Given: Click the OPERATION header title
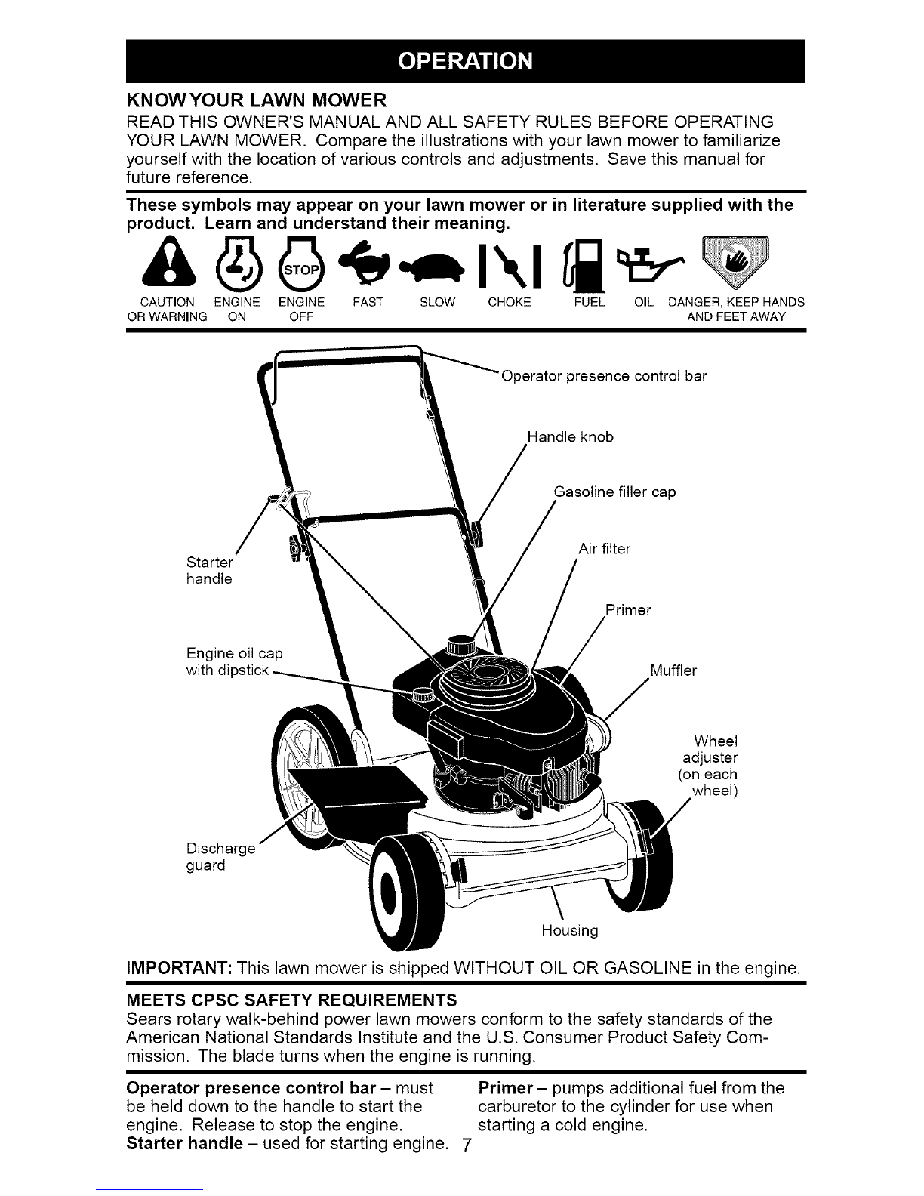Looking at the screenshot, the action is pos(465,61).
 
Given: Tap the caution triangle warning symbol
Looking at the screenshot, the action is pos(168,261).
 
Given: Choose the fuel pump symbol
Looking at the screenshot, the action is pos(584,264).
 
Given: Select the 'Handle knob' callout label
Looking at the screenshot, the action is pos(570,437).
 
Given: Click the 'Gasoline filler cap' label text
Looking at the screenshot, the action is pos(614,492).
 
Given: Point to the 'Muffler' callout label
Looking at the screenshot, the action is pos(673,670).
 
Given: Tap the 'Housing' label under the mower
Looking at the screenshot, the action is pos(570,930).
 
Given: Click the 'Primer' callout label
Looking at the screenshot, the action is pos(628,610).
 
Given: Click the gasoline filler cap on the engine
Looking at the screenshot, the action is pos(462,645).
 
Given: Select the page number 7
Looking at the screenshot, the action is pos(466,1145).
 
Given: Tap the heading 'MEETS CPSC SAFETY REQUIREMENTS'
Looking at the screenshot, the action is pos(291,1000).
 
